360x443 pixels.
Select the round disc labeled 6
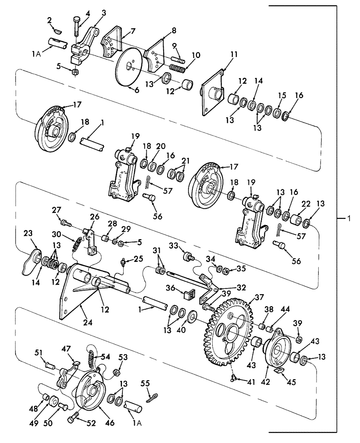(x=131, y=66)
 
